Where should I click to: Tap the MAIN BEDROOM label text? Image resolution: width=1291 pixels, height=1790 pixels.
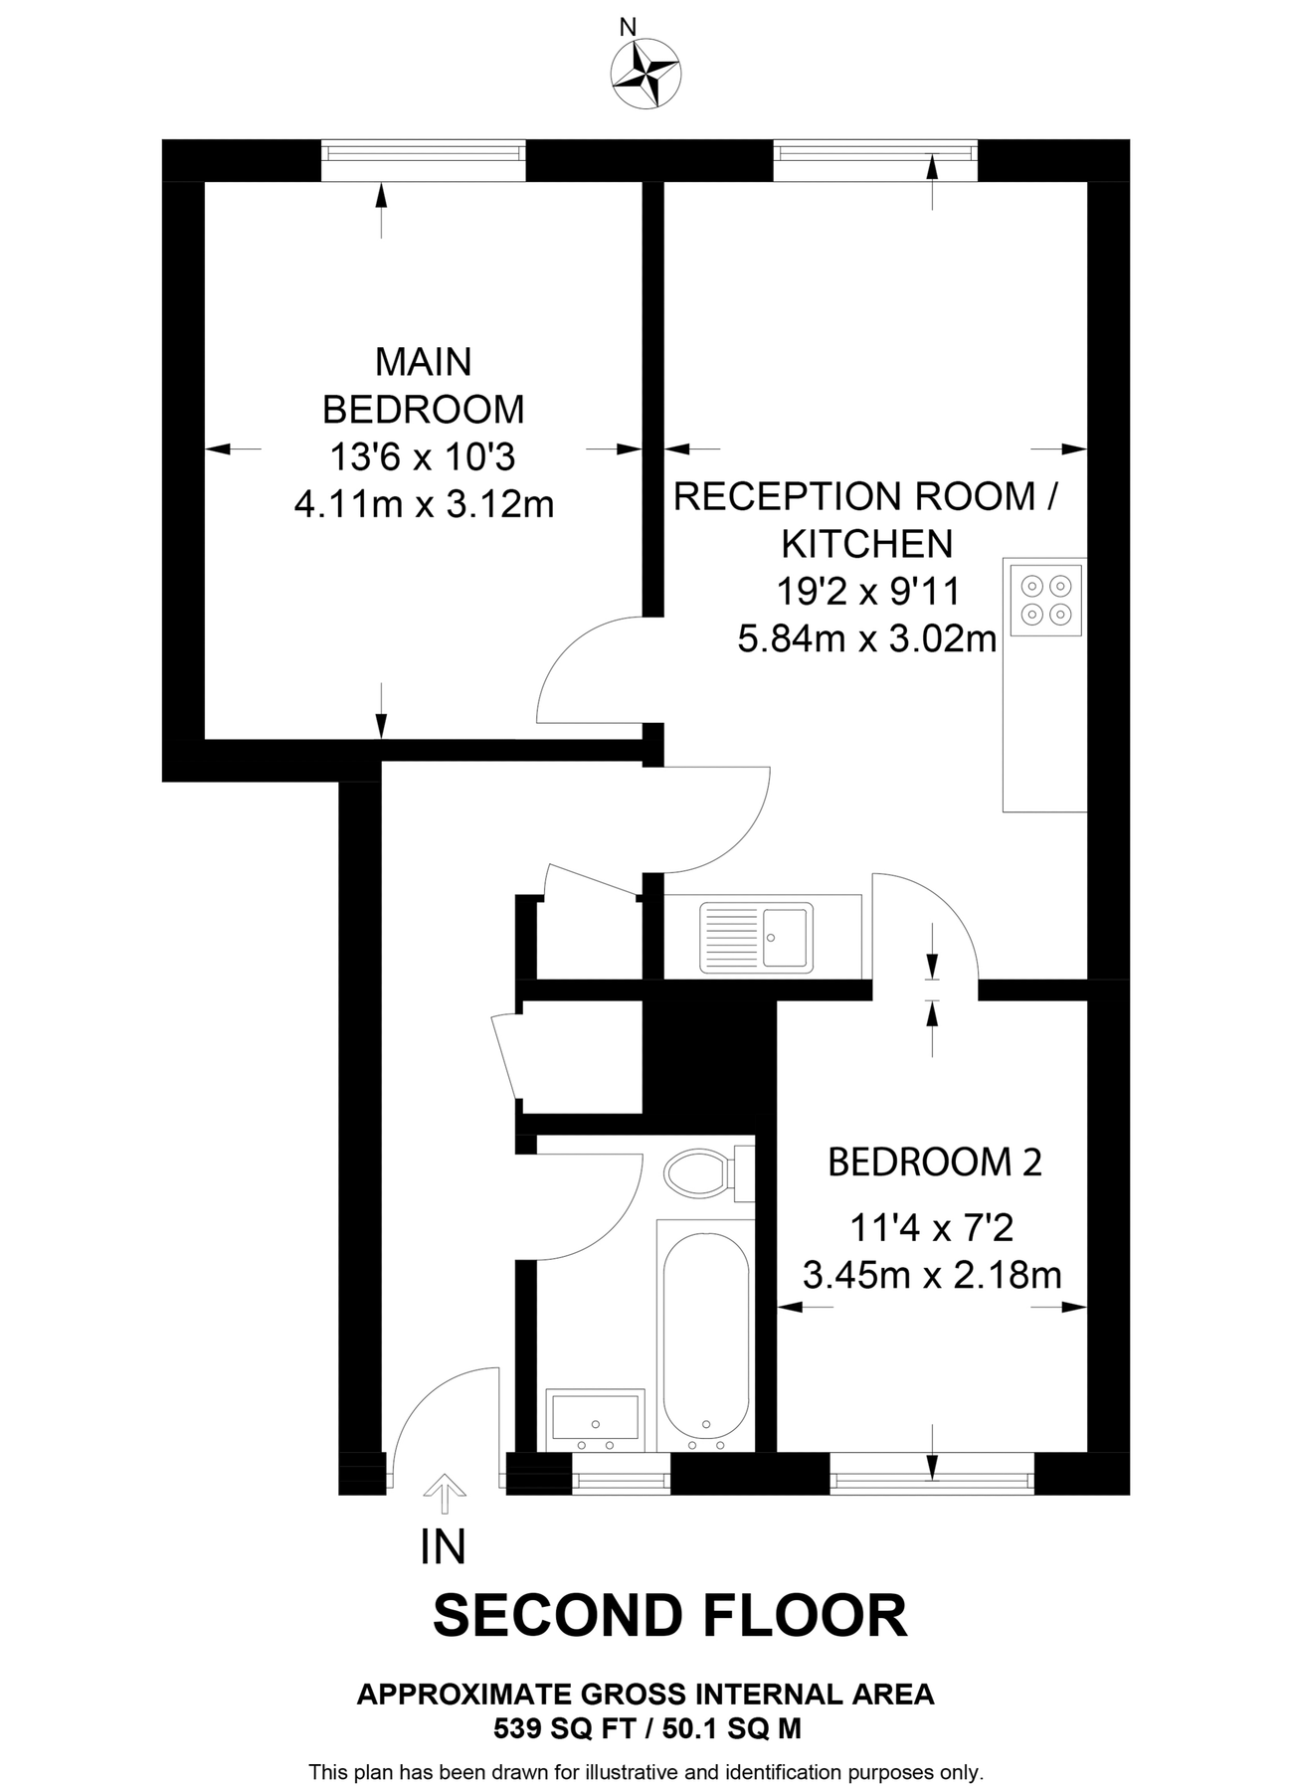(424, 386)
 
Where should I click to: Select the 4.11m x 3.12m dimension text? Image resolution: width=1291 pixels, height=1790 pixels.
(424, 505)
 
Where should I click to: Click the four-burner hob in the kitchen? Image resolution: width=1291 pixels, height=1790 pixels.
(1045, 600)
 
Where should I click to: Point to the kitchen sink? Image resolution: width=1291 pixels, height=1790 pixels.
(757, 937)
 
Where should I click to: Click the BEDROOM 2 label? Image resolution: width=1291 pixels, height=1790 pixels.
(935, 1162)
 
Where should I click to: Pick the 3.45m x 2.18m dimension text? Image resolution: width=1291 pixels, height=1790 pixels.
(932, 1275)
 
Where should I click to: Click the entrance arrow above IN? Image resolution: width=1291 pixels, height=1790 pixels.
(445, 1494)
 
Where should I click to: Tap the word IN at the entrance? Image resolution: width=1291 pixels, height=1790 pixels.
(444, 1547)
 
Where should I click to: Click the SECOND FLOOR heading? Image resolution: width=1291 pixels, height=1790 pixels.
(669, 1615)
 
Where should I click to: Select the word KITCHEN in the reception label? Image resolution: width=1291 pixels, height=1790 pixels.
(866, 544)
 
